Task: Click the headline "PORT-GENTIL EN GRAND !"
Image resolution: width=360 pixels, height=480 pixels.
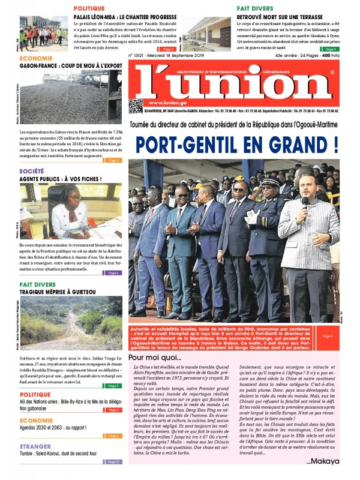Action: pyautogui.click(x=236, y=144)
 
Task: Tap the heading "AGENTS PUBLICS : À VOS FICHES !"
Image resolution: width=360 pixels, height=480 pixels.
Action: pyautogui.click(x=60, y=179)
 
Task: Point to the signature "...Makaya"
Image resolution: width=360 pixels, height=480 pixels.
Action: pyautogui.click(x=323, y=461)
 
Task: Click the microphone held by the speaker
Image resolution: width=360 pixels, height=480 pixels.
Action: pyautogui.click(x=305, y=202)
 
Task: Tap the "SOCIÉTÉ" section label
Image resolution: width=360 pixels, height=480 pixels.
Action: pyautogui.click(x=31, y=171)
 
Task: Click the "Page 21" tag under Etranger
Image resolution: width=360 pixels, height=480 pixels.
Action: pyautogui.click(x=113, y=461)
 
